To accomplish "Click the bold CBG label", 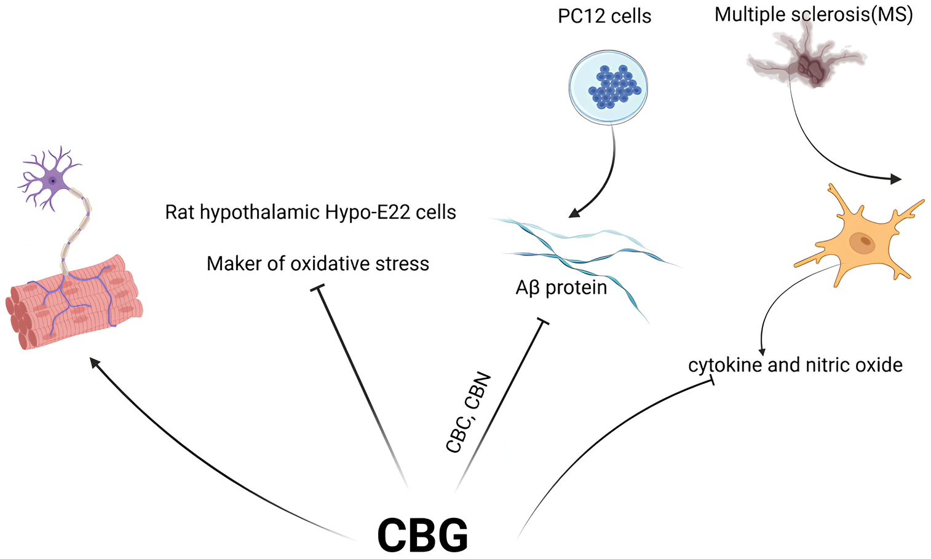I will [422, 534].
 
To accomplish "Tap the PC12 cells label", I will [604, 16].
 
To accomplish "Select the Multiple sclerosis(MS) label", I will [813, 14].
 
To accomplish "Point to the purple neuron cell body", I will [53, 181].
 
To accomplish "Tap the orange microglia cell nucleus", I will [863, 243].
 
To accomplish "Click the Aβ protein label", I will [561, 287].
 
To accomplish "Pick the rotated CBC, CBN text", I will [469, 413].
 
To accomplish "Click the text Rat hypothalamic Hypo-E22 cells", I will [311, 213].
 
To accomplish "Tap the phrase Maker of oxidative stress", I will [317, 264].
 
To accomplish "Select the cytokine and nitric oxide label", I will [794, 365].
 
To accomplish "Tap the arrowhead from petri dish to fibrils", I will [574, 213].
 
